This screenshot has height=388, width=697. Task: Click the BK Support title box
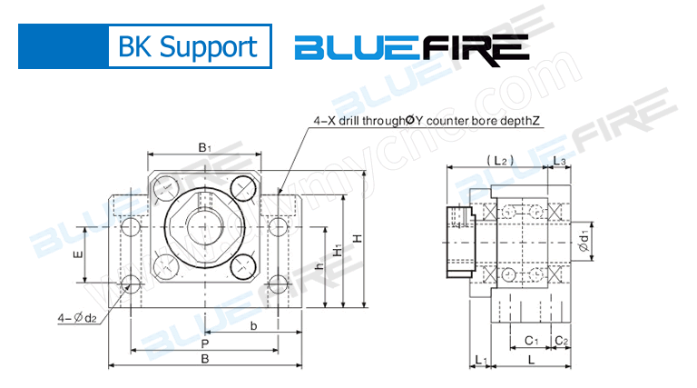(189, 46)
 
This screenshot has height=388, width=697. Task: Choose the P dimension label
(205, 344)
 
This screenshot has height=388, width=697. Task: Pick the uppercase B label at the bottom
(205, 360)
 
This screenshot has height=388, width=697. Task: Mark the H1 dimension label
(337, 249)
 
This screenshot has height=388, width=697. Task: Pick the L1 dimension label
(481, 361)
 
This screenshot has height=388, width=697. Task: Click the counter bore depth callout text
(427, 119)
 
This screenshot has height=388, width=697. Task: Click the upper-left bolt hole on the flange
(166, 189)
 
